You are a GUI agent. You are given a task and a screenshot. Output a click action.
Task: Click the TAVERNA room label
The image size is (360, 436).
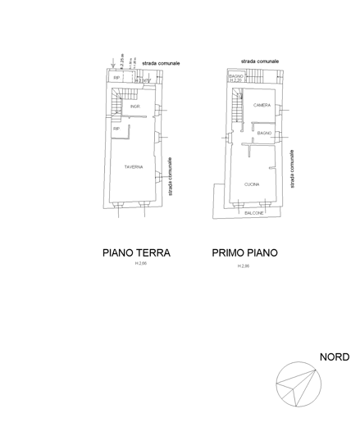point(134,167)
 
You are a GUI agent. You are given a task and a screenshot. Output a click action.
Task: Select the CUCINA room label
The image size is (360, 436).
point(252,184)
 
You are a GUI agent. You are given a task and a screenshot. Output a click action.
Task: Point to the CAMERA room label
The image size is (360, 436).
point(262,106)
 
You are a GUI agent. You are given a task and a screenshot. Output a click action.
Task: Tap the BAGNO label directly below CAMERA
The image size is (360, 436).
point(264,133)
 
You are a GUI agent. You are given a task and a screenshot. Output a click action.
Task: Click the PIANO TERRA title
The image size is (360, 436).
point(136,253)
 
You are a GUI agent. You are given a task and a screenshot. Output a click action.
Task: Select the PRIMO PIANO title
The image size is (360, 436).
point(244,253)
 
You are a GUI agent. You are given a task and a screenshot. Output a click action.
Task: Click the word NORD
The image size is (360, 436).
point(335,357)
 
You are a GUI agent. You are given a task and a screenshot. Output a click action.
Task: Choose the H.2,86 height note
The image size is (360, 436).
point(244,266)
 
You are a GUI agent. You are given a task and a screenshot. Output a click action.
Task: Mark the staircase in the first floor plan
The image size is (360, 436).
point(235,104)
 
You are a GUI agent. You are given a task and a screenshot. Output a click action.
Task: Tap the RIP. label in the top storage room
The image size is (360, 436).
point(117,78)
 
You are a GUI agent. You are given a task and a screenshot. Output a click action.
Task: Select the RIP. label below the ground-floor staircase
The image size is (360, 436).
point(116,129)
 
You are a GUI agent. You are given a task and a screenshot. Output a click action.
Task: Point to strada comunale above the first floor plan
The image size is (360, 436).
point(261,61)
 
